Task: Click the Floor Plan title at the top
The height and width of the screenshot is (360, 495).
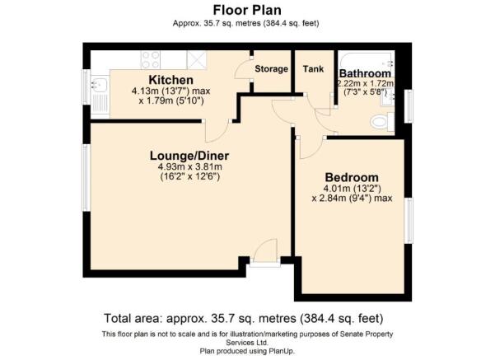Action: coord(247,10)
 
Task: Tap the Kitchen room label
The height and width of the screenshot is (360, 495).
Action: coord(170,80)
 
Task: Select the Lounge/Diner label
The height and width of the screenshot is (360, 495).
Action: coord(189,156)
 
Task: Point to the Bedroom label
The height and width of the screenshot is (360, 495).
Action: coord(352,177)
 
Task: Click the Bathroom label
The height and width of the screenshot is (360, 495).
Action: coord(365,73)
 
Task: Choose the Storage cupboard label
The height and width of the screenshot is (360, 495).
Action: coord(272,69)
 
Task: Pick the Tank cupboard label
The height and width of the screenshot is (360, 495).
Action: coord(313,68)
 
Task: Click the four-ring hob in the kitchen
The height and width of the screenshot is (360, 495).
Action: coord(151,59)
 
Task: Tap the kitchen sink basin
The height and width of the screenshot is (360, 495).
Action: coord(100,84)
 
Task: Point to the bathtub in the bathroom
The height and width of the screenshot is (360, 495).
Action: coord(367,60)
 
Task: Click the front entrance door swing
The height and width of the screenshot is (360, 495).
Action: coord(265,250)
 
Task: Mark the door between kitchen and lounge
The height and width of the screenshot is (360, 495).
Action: coord(217,132)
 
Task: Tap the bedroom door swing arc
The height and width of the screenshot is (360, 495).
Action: coord(311,148)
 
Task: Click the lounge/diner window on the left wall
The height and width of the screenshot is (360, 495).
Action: coord(85,178)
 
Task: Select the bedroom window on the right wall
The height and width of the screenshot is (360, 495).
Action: coord(409,221)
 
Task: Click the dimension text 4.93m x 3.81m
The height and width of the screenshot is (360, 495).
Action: coord(189,166)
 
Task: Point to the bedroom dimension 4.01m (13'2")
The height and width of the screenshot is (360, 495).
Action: coord(352,189)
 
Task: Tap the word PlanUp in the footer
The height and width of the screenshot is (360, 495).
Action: coord(282,351)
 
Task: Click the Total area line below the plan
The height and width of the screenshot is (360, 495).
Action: coord(244,318)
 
